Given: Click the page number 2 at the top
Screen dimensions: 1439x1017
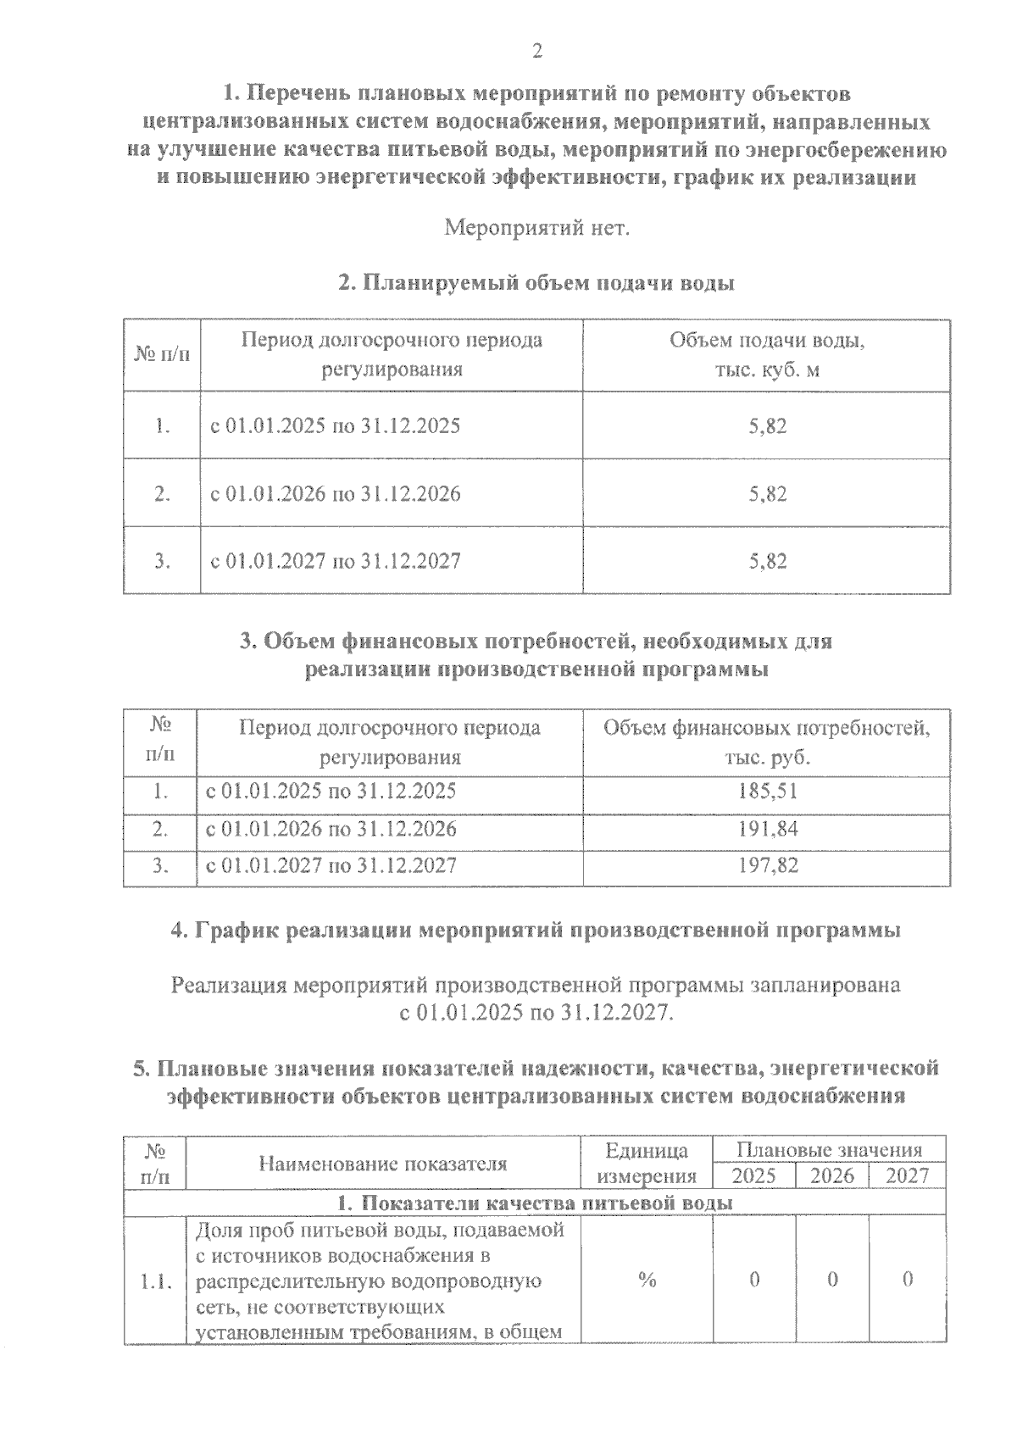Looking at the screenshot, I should (536, 51).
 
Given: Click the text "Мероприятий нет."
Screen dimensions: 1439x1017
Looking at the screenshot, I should (536, 229).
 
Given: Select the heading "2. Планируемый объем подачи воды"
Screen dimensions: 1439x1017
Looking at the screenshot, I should (536, 283).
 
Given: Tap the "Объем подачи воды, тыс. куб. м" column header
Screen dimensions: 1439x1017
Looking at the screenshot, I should (767, 355).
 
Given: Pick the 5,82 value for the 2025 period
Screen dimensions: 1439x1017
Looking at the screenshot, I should (768, 425).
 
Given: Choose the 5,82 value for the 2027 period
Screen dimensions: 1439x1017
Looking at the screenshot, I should (768, 561).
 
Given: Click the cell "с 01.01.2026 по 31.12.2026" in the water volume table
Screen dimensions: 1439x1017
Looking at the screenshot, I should (336, 493).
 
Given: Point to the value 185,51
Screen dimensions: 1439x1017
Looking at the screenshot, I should (767, 792).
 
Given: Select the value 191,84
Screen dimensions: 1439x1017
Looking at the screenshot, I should (767, 829).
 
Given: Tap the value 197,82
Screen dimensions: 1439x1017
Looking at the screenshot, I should (767, 865).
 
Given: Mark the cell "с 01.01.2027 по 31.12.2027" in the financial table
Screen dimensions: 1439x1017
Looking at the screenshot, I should (332, 865).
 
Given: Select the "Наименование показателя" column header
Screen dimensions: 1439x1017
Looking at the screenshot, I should (383, 1164).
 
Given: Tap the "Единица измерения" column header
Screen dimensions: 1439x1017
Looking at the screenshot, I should (647, 1164).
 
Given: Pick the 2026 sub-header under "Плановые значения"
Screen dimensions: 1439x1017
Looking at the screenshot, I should (832, 1176).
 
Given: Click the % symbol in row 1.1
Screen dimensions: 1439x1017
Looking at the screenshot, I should (647, 1281).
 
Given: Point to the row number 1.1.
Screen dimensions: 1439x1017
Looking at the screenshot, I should (154, 1281).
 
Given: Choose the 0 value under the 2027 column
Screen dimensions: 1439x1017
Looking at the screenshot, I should (908, 1281).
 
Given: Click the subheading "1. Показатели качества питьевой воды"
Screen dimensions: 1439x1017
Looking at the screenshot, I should (536, 1203).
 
